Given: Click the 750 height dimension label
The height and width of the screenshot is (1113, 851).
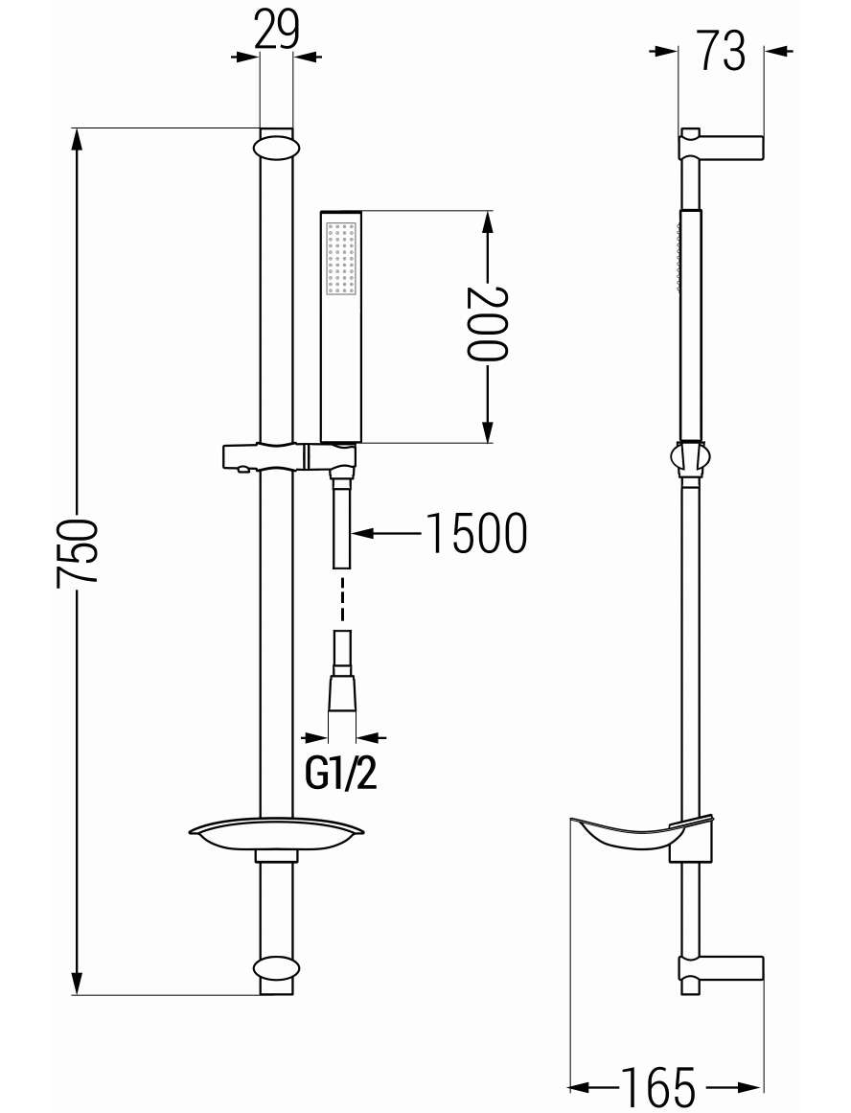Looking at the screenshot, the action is pyautogui.click(x=77, y=553).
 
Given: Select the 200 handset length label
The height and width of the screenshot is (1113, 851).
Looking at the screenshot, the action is pyautogui.click(x=487, y=324).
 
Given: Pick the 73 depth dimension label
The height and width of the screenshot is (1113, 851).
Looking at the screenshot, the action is pyautogui.click(x=723, y=51).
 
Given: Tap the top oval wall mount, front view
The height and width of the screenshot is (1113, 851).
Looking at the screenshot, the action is pyautogui.click(x=275, y=147).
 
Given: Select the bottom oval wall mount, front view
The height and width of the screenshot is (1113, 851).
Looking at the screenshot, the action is pyautogui.click(x=275, y=968).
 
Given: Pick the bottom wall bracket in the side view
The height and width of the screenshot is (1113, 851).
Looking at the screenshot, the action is pyautogui.click(x=721, y=969).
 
